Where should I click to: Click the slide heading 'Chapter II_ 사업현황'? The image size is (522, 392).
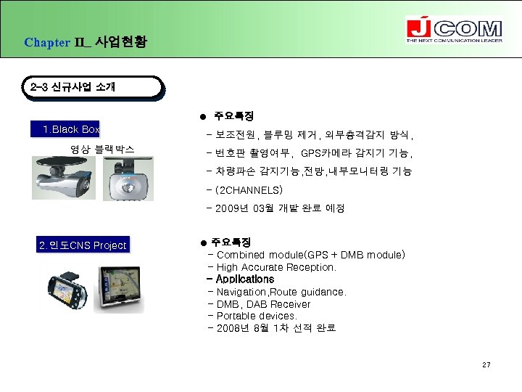pos(85,42)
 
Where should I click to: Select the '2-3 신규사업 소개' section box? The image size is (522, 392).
pos(91,87)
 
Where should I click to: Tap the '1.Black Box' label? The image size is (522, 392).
pos(70,130)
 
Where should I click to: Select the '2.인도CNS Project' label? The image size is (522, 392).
pos(83,245)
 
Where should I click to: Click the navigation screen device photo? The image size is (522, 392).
pos(122,288)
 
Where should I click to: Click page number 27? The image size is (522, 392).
pos(486,364)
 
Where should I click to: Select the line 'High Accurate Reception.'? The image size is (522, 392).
pos(276,267)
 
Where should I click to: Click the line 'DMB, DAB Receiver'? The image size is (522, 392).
pos(263,304)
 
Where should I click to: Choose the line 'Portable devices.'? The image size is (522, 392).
pos(257,316)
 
